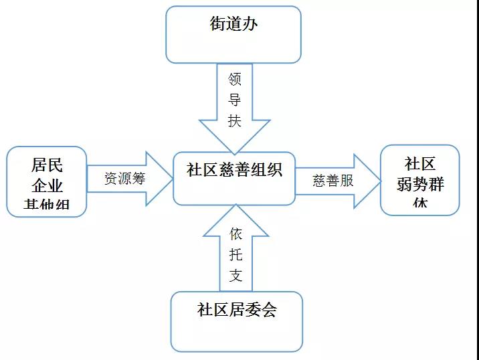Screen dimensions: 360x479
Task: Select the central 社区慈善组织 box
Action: click(234, 177)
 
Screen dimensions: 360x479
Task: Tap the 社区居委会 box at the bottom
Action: click(236, 321)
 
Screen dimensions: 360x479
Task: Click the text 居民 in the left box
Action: click(47, 165)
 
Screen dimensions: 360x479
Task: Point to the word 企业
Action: click(47, 185)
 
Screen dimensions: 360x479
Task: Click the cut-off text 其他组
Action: click(47, 205)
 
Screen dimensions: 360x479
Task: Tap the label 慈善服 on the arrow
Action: click(332, 180)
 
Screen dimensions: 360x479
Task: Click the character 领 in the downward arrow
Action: click(234, 80)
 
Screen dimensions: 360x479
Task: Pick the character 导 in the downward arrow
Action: click(234, 100)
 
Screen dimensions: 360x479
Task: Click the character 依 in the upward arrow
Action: click(235, 234)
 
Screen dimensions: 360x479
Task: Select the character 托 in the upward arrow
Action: click(235, 255)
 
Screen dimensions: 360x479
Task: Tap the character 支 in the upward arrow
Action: click(235, 275)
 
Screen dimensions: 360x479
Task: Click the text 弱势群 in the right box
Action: click(420, 183)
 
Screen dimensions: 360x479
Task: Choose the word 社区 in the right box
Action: click(420, 164)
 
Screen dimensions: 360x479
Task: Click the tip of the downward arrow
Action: click(234, 153)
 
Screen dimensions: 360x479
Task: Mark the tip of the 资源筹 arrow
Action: click(171, 179)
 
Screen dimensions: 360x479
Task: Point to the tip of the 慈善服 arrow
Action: click(379, 181)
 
